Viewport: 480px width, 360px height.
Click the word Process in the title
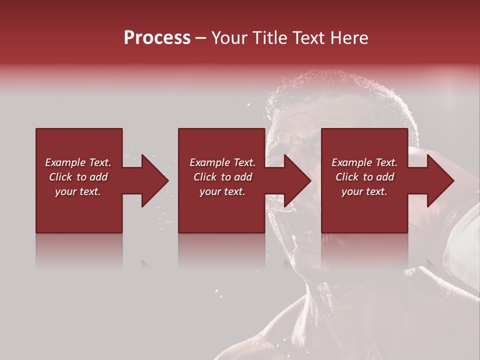point(157,38)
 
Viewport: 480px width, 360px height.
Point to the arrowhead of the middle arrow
point(297,180)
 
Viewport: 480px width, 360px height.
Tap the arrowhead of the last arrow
point(440,180)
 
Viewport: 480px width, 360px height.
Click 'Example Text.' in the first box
point(78,162)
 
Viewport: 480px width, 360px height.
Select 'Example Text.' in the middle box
point(222,162)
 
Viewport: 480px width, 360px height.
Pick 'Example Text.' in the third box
point(364,162)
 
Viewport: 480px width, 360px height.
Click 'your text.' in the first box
point(78,191)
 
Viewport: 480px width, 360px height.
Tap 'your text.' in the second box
point(222,191)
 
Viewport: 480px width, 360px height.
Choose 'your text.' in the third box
point(364,191)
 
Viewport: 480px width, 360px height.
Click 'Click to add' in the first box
point(78,177)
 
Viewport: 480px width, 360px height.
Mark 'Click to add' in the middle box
point(222,177)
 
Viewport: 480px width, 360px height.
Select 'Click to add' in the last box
point(364,177)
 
